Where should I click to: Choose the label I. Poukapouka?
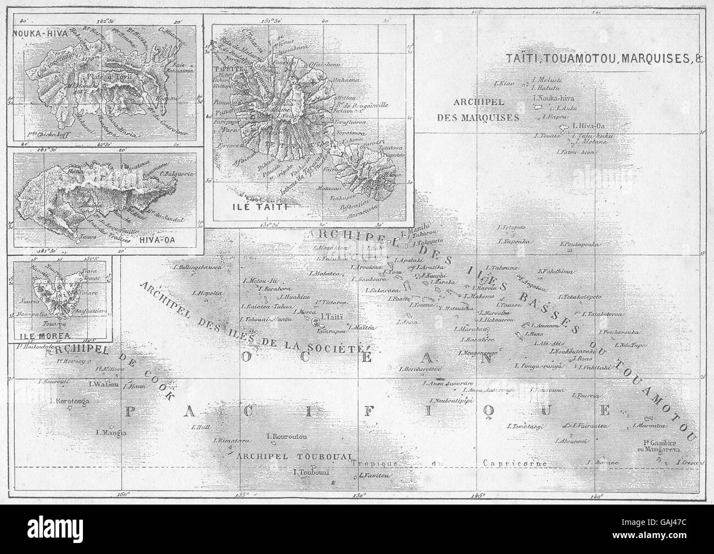[581, 244]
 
